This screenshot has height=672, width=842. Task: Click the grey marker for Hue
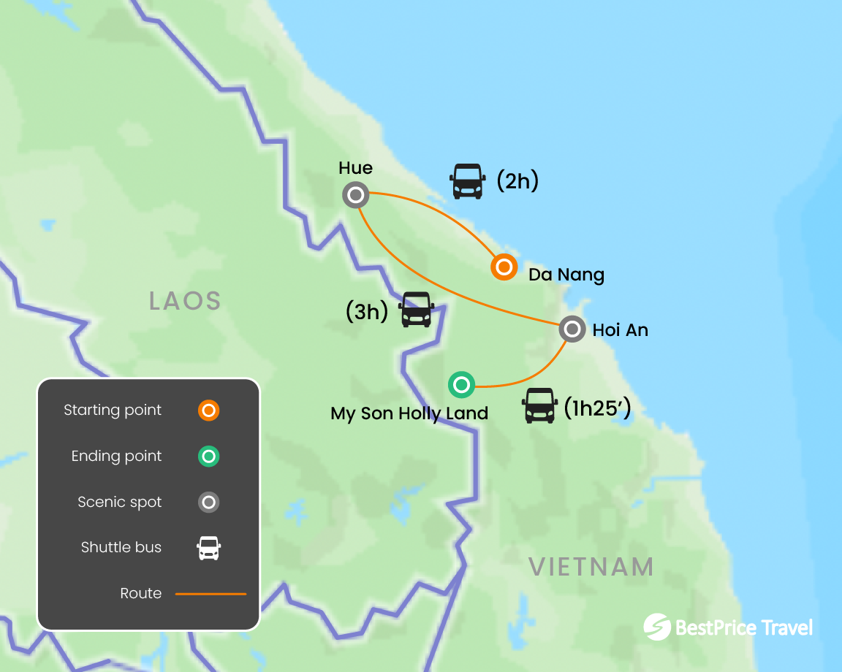[355, 195]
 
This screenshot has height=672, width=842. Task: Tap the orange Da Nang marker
[504, 267]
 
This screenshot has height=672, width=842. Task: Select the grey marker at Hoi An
[572, 329]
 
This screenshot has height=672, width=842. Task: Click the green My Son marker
[461, 384]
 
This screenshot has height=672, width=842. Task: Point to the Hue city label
[356, 168]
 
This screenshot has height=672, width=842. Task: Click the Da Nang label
[566, 275]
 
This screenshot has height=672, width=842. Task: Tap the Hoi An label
[620, 330]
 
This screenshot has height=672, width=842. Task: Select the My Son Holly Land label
[409, 413]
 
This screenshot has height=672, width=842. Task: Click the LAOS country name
[185, 301]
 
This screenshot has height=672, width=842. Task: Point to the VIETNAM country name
[591, 567]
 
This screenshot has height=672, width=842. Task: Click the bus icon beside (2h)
[468, 181]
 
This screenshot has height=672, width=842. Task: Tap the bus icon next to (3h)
[417, 310]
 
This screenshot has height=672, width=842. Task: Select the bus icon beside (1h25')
[540, 405]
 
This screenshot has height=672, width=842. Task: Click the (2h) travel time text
[517, 180]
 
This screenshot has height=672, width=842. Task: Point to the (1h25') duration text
[597, 408]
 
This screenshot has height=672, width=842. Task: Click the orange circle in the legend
[208, 411]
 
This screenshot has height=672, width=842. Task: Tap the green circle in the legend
[208, 457]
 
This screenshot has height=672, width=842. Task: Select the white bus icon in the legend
[209, 548]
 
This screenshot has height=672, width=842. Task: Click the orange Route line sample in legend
[210, 594]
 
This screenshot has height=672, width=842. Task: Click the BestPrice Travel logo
[728, 627]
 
